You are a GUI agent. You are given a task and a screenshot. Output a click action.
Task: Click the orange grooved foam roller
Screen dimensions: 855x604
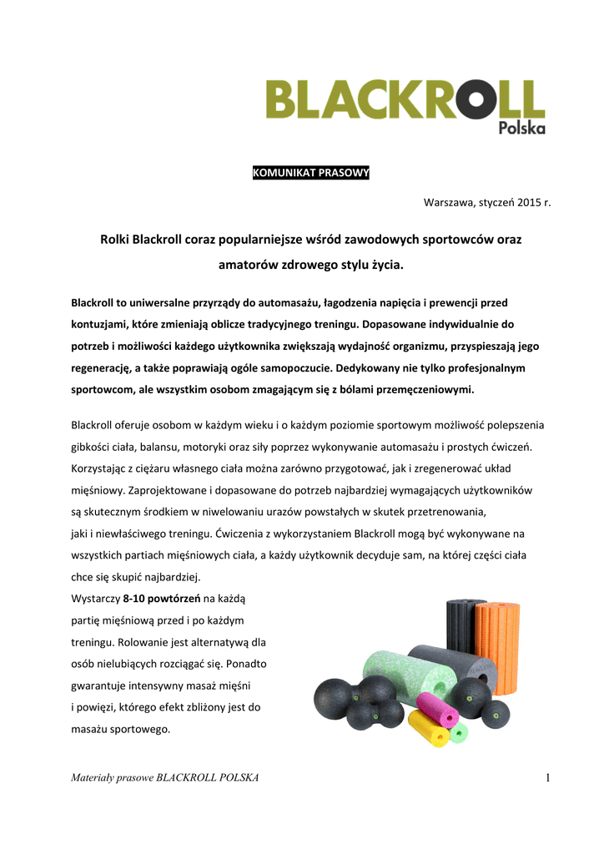coord(497,643)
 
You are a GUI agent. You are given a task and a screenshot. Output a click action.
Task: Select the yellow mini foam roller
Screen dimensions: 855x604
coord(429,729)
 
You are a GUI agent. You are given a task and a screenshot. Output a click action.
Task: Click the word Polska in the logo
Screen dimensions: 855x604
coord(521,128)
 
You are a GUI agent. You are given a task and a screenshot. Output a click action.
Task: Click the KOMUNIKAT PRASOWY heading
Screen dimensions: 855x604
coord(310,173)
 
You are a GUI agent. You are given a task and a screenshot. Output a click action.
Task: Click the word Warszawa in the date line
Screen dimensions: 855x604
coord(449,202)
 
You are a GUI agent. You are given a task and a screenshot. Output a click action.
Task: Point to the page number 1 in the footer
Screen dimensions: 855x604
coord(549,778)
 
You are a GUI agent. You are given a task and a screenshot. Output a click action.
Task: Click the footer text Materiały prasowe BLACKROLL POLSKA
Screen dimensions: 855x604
coord(165,778)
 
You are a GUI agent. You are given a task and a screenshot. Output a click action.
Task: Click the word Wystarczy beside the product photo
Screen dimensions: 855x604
coord(95,599)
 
